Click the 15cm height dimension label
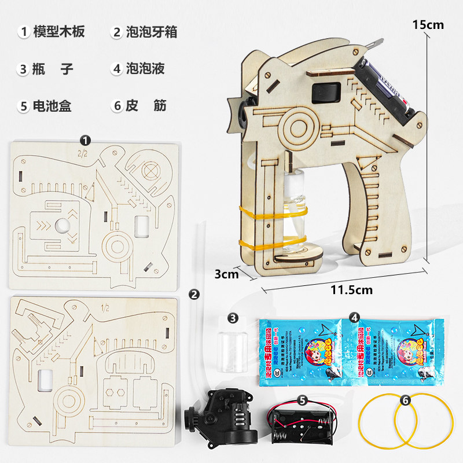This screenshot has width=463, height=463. pos(428,24)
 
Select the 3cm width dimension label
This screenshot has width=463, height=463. pos(226,274)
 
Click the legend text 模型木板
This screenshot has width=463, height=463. pos(59,31)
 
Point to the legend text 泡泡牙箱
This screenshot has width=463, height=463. pos(152,31)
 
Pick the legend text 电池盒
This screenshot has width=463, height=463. pos(53,105)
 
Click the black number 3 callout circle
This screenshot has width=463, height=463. pos(233,318)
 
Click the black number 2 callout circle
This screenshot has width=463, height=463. pos(195,294)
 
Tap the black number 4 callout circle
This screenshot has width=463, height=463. pos(354,317)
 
